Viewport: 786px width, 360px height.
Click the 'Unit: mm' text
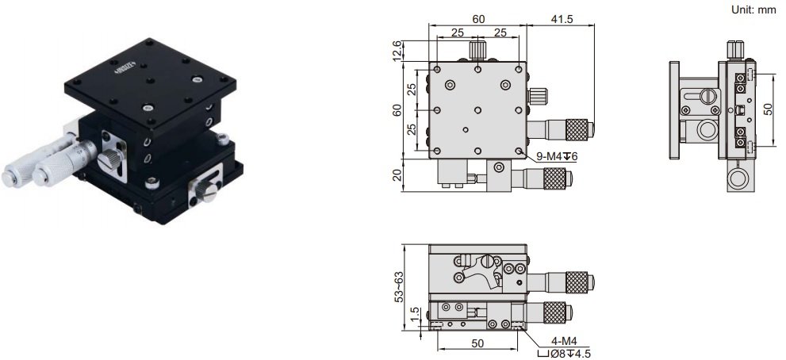pos(752,10)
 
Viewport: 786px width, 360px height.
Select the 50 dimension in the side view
pos(768,107)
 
